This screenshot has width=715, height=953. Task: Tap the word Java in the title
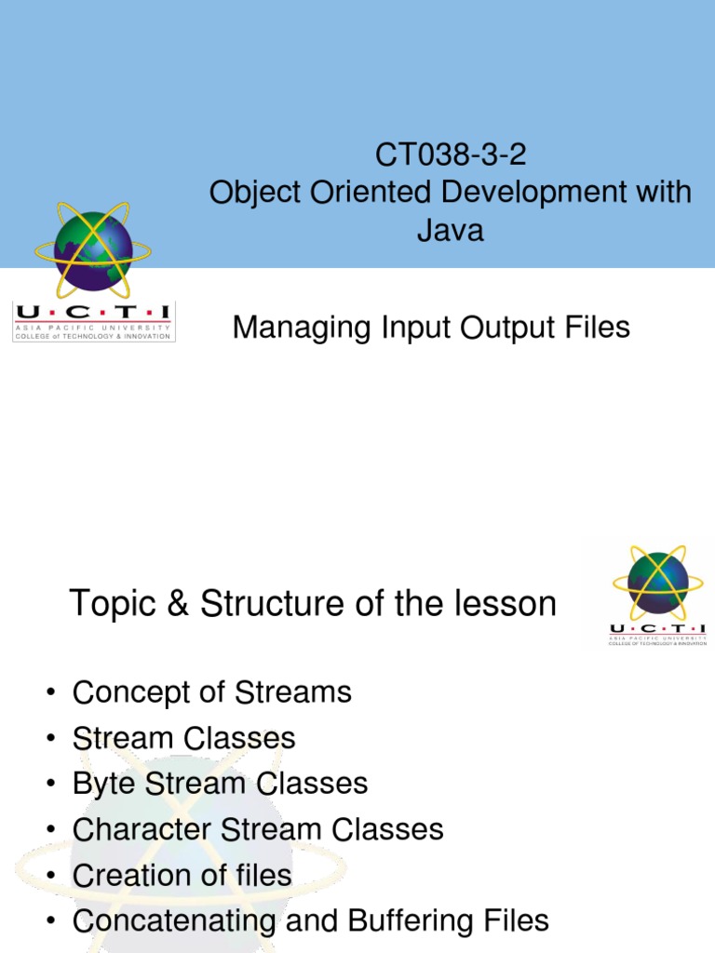pyautogui.click(x=451, y=229)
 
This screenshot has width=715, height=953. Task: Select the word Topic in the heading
pyautogui.click(x=109, y=605)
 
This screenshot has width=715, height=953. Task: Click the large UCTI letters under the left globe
pyautogui.click(x=93, y=312)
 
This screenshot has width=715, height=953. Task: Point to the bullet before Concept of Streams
pyautogui.click(x=49, y=694)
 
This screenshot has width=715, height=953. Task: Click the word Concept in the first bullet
pyautogui.click(x=128, y=693)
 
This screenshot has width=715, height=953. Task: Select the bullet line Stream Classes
pyautogui.click(x=183, y=739)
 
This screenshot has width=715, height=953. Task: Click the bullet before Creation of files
pyautogui.click(x=49, y=877)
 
